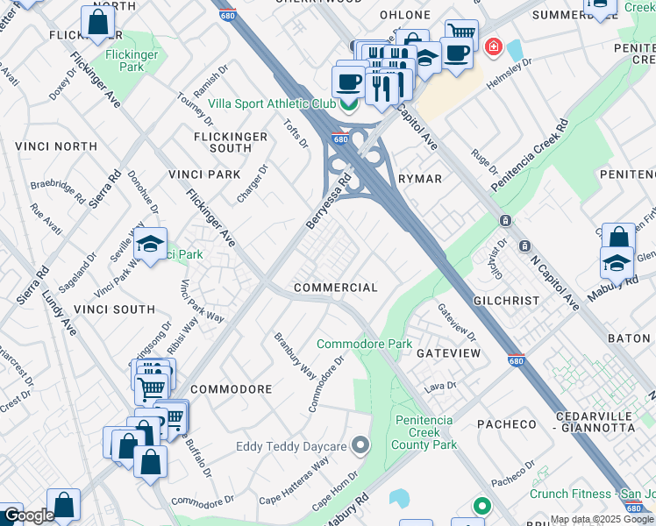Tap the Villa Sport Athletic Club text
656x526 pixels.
(272, 103)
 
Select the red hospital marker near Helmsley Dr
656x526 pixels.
(494, 46)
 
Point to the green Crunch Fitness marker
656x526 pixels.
(481, 506)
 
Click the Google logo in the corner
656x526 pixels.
(28, 516)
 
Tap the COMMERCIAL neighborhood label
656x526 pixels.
(335, 288)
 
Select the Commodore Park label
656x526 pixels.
(364, 345)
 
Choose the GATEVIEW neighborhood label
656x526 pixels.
(448, 352)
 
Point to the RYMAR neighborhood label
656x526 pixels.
(420, 178)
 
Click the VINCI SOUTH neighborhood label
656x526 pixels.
(114, 309)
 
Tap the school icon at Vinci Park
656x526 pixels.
(151, 244)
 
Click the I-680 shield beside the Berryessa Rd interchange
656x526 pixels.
(342, 139)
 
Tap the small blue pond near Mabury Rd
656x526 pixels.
(400, 498)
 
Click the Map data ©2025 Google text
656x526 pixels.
(602, 520)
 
